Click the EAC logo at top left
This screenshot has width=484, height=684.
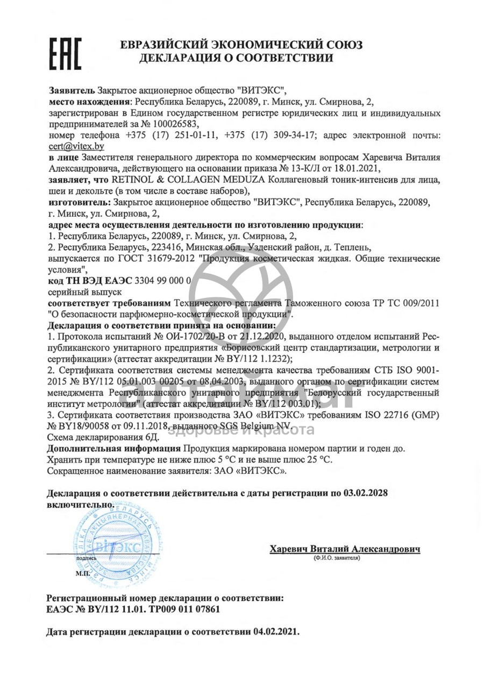pos(66,53)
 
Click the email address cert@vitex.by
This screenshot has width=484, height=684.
pos(76,146)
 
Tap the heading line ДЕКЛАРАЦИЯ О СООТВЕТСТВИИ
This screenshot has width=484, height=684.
pos(236,58)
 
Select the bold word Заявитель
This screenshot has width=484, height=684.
pos(72,90)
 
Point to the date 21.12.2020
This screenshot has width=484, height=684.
pos(257,337)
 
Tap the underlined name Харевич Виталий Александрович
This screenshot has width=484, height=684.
pos(345,549)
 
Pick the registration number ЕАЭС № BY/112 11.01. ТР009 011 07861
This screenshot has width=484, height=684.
pos(133,609)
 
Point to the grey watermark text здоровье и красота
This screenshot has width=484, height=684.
pos(241,430)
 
